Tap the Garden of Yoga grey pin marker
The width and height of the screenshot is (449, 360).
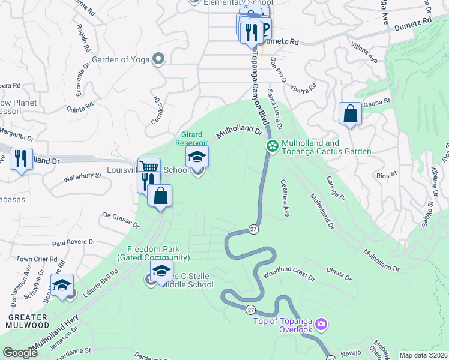[158, 59]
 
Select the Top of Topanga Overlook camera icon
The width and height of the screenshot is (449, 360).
[322, 325]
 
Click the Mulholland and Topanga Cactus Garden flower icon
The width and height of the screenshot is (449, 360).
[272, 146]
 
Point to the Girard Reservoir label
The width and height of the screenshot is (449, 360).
[191, 139]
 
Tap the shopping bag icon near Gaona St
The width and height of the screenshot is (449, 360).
[350, 113]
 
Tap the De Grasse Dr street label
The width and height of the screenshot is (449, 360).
[121, 220]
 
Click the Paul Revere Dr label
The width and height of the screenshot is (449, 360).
[73, 242]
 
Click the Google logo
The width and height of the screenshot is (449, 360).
[20, 353]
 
